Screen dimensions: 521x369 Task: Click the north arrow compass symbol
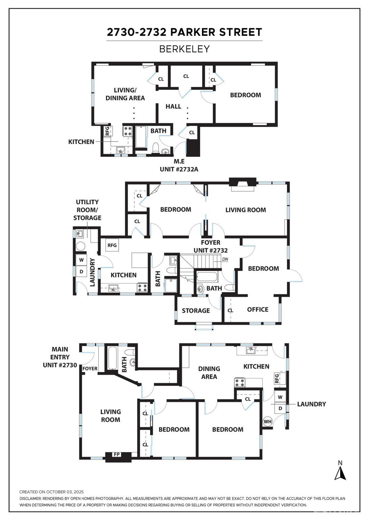(340, 472)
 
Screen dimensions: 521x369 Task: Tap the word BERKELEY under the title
(184, 49)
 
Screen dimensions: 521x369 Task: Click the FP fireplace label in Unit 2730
(117, 454)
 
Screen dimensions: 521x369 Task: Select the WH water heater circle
(268, 422)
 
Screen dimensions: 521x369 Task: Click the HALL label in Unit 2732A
(173, 106)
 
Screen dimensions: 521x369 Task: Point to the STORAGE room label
(196, 311)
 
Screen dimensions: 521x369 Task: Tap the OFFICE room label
(258, 310)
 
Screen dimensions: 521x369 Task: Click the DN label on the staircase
(225, 259)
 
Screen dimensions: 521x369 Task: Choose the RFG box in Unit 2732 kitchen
(112, 245)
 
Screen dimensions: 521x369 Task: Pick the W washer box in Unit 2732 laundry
(81, 260)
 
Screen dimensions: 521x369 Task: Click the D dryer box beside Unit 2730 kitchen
(280, 408)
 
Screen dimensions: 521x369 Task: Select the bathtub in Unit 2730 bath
(112, 358)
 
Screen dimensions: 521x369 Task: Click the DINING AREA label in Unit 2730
(209, 372)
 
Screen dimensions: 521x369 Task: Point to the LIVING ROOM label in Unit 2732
(245, 210)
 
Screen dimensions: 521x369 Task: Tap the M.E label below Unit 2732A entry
(179, 161)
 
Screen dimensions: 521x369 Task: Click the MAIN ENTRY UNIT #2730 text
(60, 357)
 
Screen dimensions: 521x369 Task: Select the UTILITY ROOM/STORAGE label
(87, 210)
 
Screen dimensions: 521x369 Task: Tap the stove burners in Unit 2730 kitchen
(240, 383)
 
